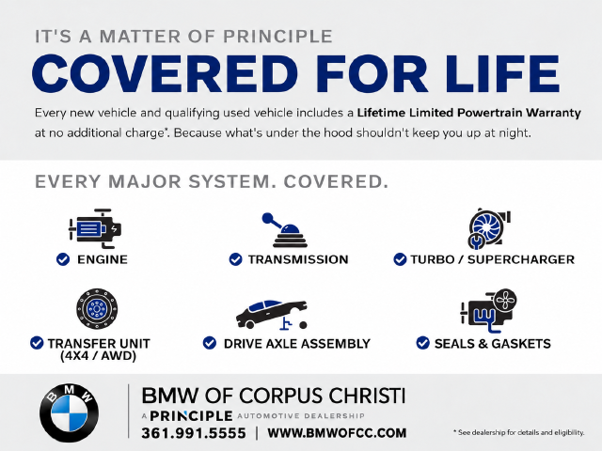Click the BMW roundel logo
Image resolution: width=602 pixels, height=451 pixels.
coord(69,413)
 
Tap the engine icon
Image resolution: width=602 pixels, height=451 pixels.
coord(95,228)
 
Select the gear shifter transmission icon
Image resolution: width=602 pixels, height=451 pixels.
coord(285,230)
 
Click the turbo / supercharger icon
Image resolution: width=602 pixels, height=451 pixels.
coord(489,228)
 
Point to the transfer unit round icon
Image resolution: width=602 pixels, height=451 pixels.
coord(97,308)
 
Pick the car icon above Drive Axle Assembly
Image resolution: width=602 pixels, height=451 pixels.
coord(272,315)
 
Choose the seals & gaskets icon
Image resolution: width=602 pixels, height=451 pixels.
coord(488,311)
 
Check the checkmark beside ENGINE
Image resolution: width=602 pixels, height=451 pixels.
coord(63,259)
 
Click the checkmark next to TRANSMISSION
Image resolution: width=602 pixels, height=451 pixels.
coord(235,259)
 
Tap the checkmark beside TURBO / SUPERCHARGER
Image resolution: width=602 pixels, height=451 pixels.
coord(400,259)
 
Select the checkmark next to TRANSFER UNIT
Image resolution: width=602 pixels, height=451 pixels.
coord(37,343)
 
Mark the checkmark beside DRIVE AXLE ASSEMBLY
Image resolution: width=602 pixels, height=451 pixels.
coord(210,343)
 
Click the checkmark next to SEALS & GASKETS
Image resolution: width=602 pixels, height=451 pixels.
coord(422,343)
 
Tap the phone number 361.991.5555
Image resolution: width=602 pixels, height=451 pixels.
coord(194,433)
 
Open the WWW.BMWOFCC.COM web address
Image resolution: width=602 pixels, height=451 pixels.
coord(337,433)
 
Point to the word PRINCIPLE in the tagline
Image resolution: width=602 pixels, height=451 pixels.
coord(277,37)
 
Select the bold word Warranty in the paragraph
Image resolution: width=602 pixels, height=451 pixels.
coord(553,113)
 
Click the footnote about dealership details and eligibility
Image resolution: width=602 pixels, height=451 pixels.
coord(518,432)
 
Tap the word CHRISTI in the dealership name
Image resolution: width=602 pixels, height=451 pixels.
coord(368,396)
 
